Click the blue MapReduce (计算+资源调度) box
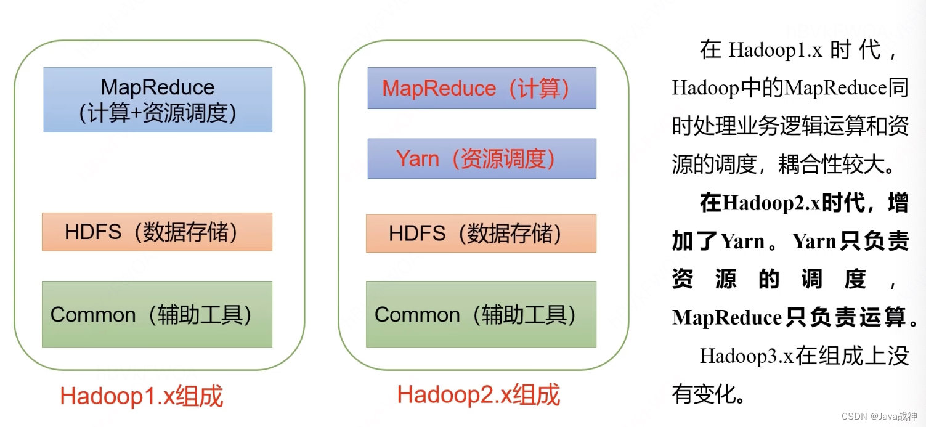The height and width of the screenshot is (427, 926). coord(158,100)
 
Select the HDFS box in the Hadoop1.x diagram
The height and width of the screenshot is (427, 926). coord(157,232)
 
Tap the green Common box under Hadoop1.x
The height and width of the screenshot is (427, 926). coord(157,314)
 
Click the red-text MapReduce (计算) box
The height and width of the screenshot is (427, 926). coord(482,88)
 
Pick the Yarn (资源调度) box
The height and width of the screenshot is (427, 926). coord(482,158)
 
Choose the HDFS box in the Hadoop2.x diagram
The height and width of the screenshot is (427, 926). coord(481,234)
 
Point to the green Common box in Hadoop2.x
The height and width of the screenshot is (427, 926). coord(481,314)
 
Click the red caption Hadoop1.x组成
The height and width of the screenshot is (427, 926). coord(141,396)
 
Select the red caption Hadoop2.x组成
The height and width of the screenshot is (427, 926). coord(479,394)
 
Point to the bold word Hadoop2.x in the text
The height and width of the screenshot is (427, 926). coord(771,203)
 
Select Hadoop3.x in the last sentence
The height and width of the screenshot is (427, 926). coord(747,356)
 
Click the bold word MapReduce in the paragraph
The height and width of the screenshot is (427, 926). coord(727,318)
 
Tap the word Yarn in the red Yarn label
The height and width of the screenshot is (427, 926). coord(417,159)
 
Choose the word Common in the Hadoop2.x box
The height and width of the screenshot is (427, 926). coord(417,315)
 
